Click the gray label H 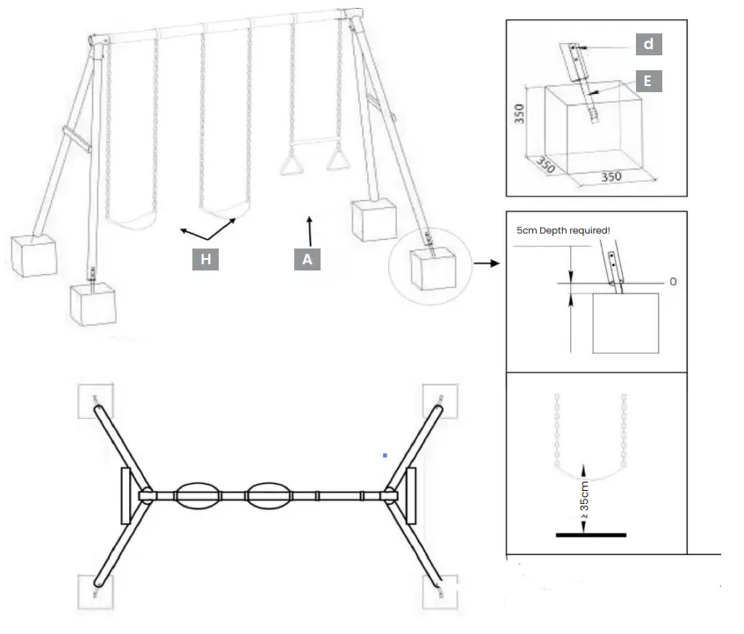[205, 259]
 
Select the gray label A [307, 259]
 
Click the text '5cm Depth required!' [562, 230]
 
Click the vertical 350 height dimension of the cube [519, 114]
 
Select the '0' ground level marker [673, 282]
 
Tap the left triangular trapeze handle [290, 165]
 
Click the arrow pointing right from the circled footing [484, 262]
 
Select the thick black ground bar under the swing [589, 534]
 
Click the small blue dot [385, 455]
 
